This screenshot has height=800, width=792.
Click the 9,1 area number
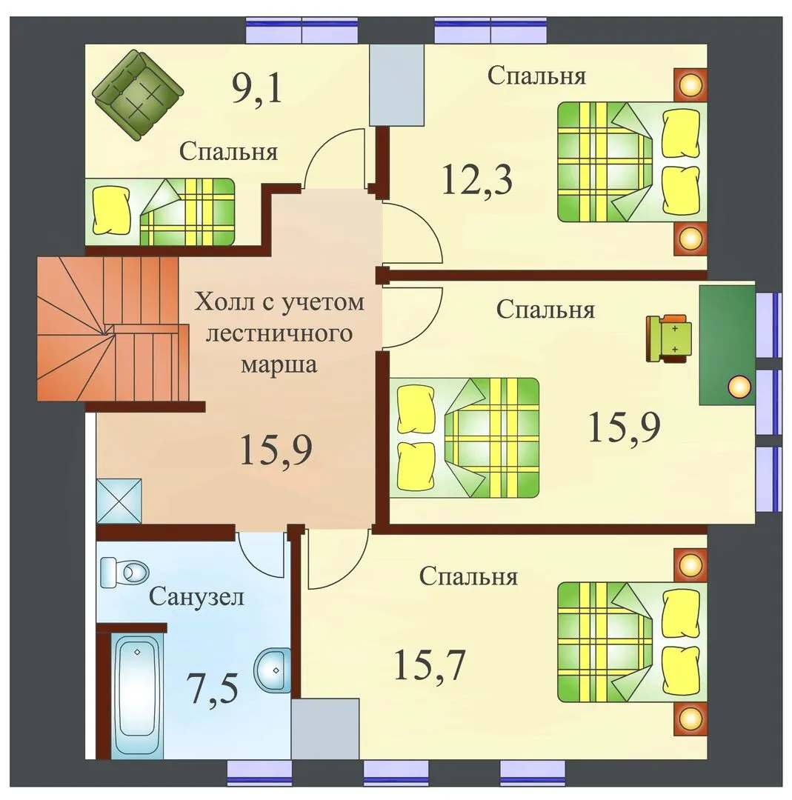coord(257,87)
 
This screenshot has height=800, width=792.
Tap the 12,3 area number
coord(477,179)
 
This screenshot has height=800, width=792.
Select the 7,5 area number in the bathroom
coord(213,688)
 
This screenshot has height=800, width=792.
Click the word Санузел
coord(196,596)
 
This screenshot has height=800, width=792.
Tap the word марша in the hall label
coord(279,364)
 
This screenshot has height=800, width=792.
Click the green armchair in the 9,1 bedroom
coord(138,94)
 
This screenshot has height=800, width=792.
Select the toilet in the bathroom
coord(124,572)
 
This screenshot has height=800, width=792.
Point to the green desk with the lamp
coord(727,345)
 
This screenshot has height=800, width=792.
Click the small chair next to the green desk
coord(668,339)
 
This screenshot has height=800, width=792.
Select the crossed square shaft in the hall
coord(119,501)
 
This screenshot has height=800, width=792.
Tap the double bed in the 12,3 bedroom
coord(632,161)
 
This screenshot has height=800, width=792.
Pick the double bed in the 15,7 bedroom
coord(632,641)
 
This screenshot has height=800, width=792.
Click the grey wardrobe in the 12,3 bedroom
coord(397,84)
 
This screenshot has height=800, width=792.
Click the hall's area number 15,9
coord(276,449)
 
